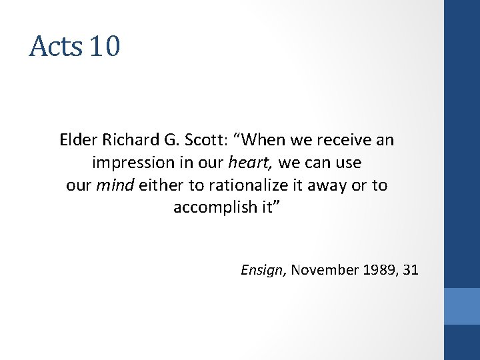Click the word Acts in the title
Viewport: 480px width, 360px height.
click(x=55, y=46)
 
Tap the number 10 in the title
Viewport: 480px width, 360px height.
click(x=104, y=46)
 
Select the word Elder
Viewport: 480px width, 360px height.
click(x=77, y=141)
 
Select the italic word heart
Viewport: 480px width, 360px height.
click(x=251, y=163)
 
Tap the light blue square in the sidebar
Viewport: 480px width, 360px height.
click(x=462, y=306)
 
